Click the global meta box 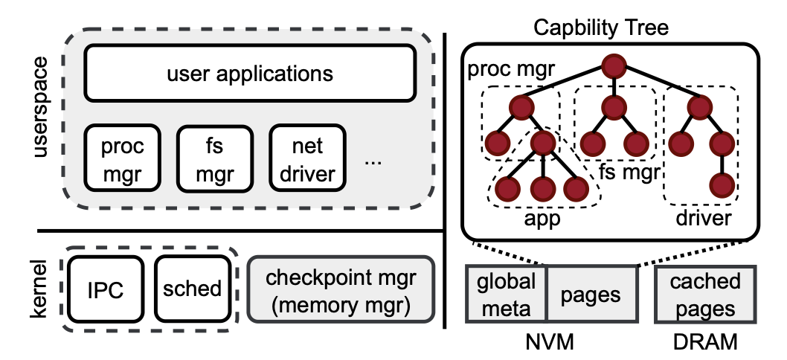point(506,294)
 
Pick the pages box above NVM point(591,295)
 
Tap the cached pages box point(705,294)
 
